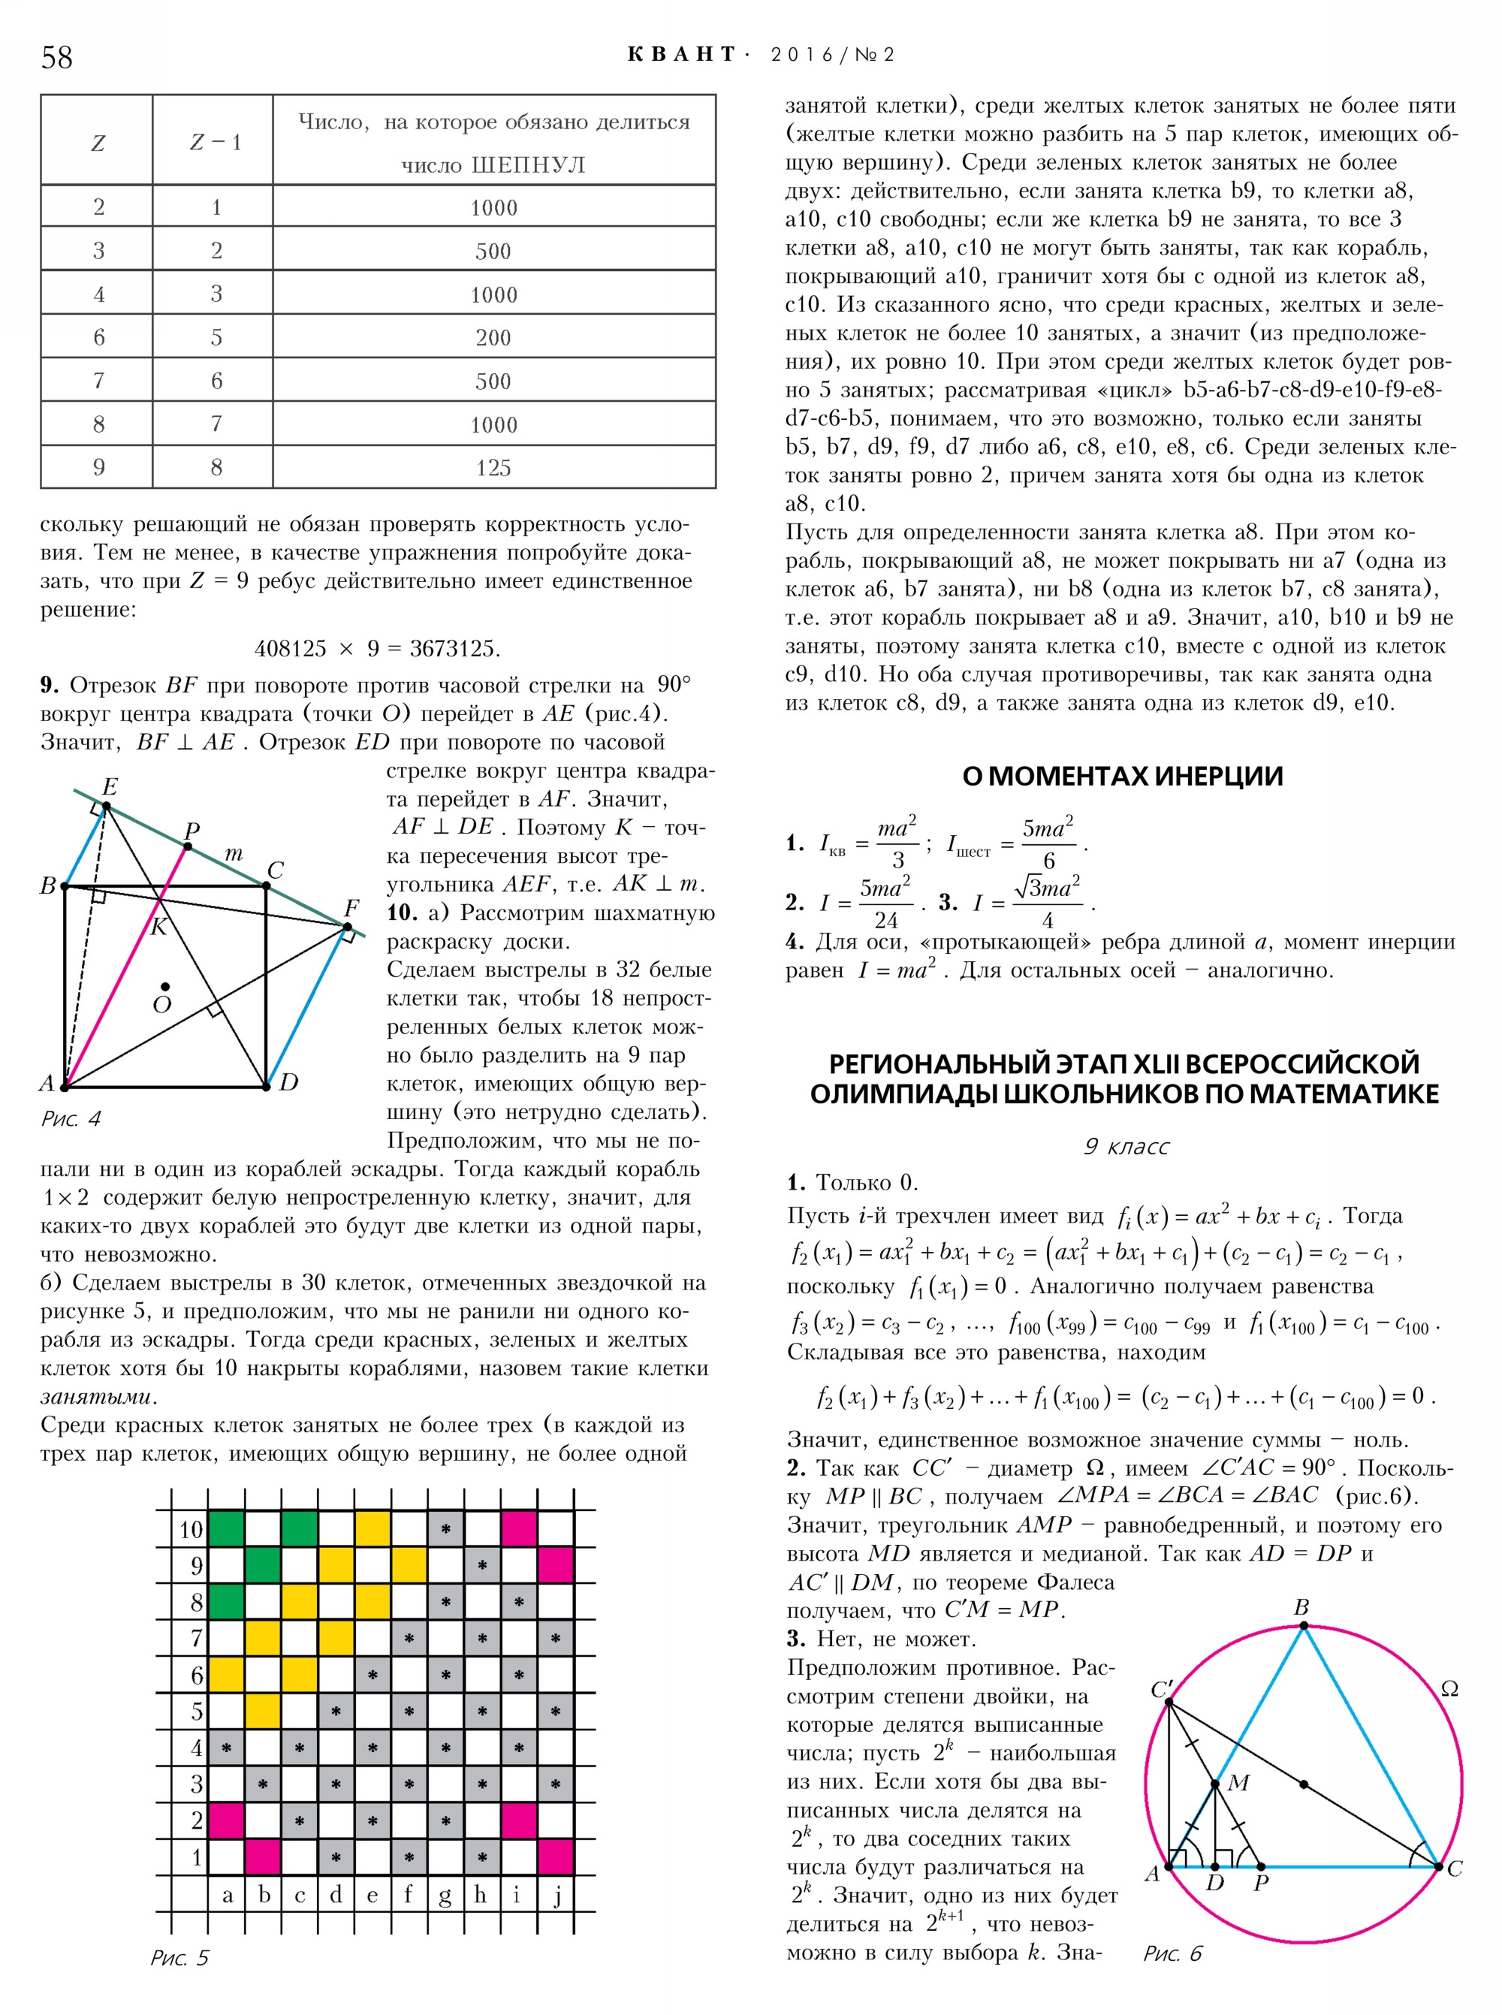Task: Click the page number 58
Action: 56,57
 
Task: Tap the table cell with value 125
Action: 493,467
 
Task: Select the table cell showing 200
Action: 493,337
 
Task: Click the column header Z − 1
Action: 216,142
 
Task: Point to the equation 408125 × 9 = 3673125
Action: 377,648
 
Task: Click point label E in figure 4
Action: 110,786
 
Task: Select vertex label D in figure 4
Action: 289,1082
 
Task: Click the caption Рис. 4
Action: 71,1118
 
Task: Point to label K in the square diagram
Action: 159,927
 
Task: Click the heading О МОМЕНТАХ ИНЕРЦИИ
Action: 1123,776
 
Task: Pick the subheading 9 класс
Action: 1126,1147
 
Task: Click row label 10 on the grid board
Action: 190,1529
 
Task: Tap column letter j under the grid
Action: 556,1895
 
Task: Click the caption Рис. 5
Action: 179,1958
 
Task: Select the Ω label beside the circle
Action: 1449,1688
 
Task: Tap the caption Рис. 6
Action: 1172,1953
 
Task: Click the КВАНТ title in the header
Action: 682,55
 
